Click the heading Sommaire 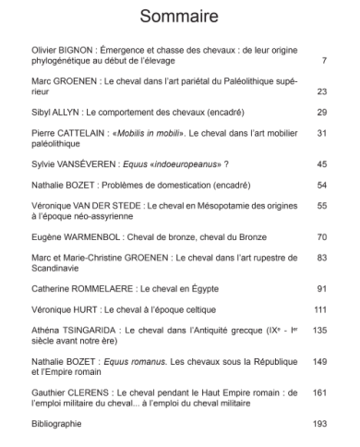click(x=179, y=16)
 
